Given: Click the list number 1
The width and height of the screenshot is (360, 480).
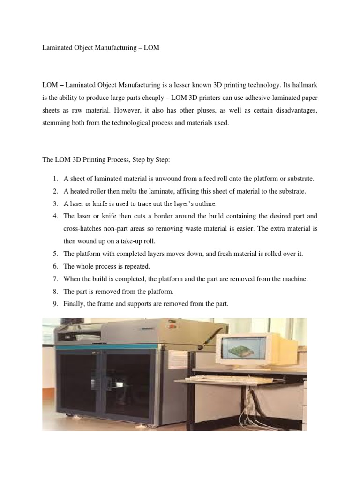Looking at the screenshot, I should coord(54,179).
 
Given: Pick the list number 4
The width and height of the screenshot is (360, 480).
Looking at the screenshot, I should coord(54,216).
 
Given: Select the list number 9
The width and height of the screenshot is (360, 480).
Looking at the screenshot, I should coord(54,304).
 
